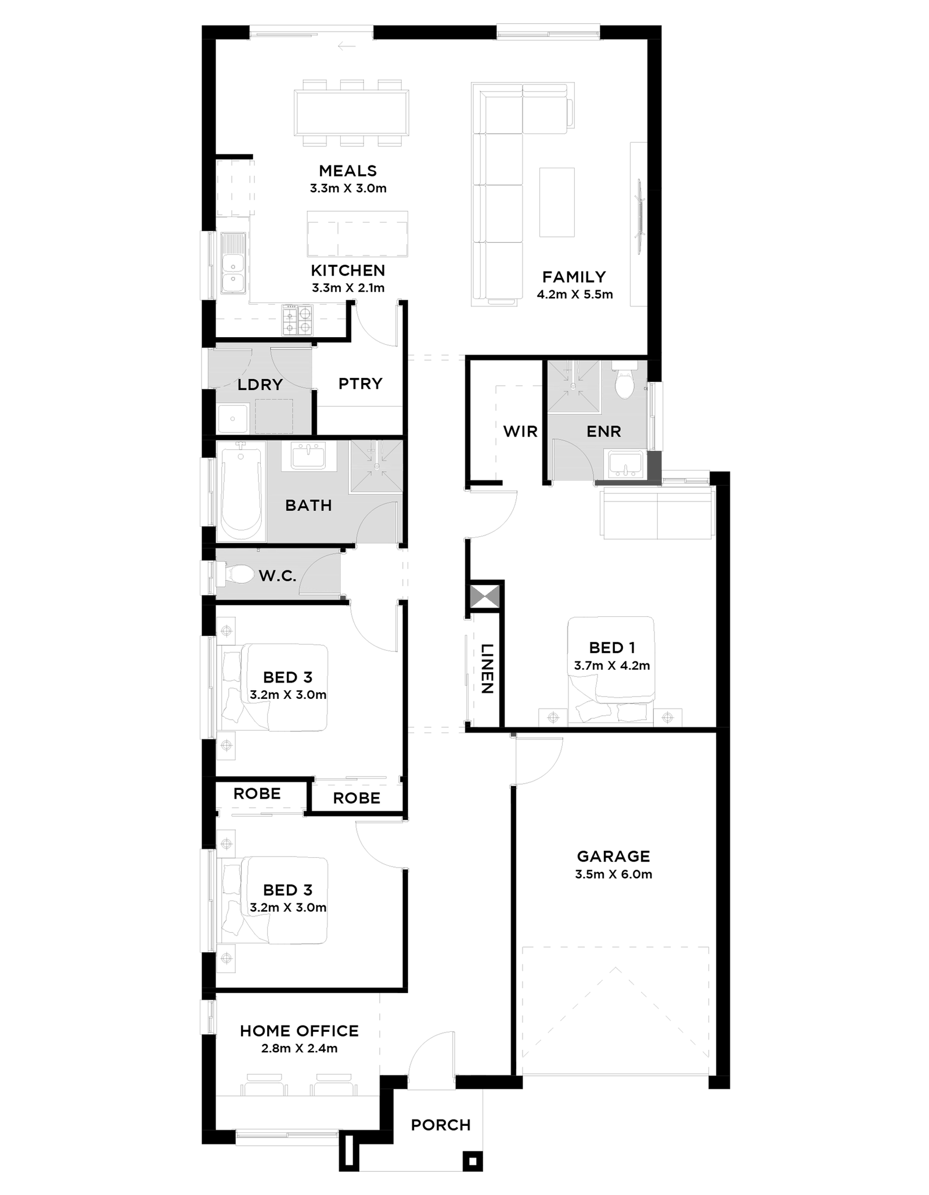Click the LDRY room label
[260, 385]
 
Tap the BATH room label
[308, 506]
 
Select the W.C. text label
[278, 576]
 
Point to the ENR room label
[604, 432]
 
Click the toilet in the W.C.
[242, 575]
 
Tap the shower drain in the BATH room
[377, 466]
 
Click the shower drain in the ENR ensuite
[573, 387]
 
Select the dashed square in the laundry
[271, 416]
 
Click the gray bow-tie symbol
[485, 597]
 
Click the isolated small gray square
[513, 735]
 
